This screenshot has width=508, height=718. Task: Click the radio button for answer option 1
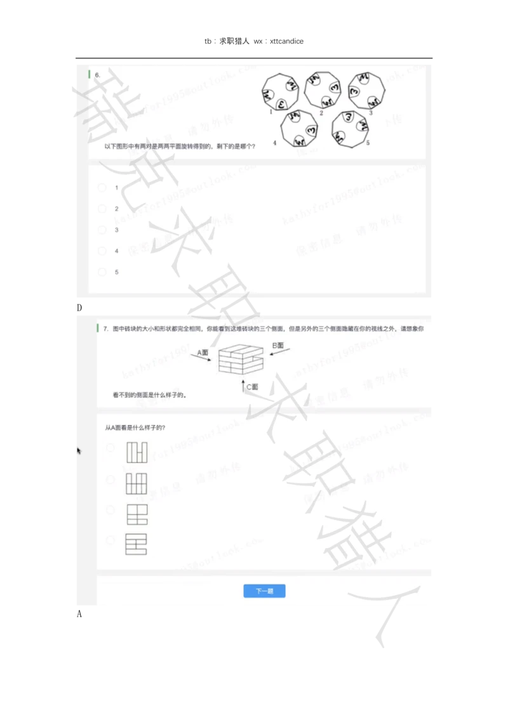pyautogui.click(x=102, y=188)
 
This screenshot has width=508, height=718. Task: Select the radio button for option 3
pyautogui.click(x=102, y=230)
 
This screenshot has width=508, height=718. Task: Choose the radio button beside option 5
pyautogui.click(x=102, y=272)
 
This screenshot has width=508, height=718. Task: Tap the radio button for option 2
pyautogui.click(x=102, y=209)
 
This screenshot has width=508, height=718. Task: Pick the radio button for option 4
pyautogui.click(x=102, y=251)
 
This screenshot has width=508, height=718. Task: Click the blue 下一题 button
pyautogui.click(x=264, y=591)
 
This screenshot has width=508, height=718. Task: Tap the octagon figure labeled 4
pyautogui.click(x=299, y=129)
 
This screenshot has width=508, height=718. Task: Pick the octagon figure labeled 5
pyautogui.click(x=349, y=128)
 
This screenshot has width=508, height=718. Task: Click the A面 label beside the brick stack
pyautogui.click(x=203, y=352)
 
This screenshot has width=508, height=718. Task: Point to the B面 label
pyautogui.click(x=278, y=346)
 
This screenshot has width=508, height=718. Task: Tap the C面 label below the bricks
pyautogui.click(x=252, y=386)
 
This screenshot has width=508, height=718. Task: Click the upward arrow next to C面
pyautogui.click(x=243, y=386)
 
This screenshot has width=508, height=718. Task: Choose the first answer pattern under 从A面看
pyautogui.click(x=137, y=452)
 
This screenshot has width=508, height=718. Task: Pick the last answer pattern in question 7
pyautogui.click(x=136, y=545)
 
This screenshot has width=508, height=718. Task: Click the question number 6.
pyautogui.click(x=97, y=75)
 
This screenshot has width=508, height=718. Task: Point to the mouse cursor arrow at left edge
pyautogui.click(x=79, y=451)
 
